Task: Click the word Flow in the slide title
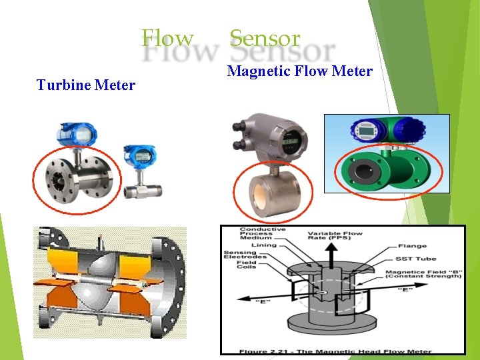[167, 38]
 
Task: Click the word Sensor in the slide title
[265, 38]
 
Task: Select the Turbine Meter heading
[86, 85]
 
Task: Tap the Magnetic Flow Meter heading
[299, 71]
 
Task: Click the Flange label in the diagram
[413, 245]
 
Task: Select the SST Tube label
[417, 258]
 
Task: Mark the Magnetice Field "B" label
[423, 273]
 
